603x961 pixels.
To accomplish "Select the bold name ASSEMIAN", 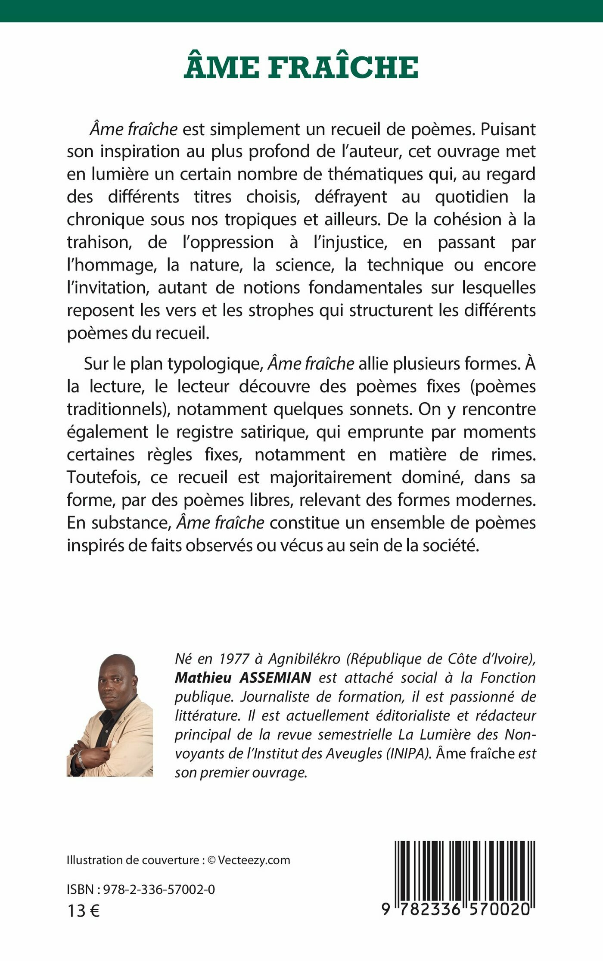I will [x=275, y=678].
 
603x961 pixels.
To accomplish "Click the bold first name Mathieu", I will [x=203, y=678].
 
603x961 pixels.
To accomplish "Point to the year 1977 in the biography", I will [x=234, y=659].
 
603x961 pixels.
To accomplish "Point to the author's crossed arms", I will [x=93, y=756].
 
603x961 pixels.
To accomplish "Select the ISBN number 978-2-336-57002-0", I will [x=159, y=889].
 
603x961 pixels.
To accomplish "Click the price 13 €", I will [x=84, y=911].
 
